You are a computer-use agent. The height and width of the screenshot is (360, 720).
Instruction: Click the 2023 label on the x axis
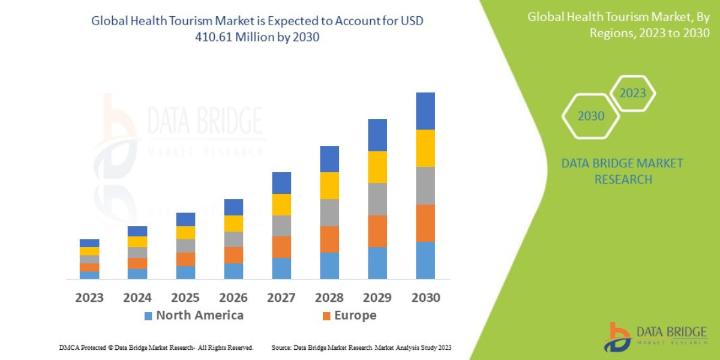89,298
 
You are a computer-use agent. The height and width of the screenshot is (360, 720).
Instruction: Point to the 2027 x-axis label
281,298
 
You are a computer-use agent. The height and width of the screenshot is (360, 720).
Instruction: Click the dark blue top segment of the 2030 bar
425,111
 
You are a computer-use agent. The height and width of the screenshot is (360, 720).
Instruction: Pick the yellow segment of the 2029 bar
377,167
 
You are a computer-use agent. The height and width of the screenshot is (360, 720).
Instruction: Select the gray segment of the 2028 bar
329,212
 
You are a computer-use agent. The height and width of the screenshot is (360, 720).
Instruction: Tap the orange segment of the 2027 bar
281,247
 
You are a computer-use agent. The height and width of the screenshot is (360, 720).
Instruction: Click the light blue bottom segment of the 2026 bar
233,271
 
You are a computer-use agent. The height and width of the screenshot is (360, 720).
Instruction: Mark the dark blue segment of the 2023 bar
89,243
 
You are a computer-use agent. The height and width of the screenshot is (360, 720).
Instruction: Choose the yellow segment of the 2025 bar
185,233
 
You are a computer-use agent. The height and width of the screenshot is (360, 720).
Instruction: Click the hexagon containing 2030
590,116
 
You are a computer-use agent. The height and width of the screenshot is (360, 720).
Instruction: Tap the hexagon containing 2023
632,93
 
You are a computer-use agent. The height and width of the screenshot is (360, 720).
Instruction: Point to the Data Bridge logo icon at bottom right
617,337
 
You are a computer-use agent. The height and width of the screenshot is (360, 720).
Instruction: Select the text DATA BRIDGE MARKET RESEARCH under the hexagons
622,171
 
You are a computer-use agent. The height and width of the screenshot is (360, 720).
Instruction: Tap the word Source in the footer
281,347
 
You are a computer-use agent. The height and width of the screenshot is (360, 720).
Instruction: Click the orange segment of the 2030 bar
425,223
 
